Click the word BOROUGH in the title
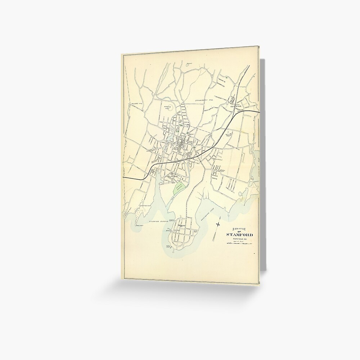tap(239, 228)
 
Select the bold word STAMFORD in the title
tap(239, 235)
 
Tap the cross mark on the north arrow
tap(218, 225)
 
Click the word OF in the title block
tap(239, 231)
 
